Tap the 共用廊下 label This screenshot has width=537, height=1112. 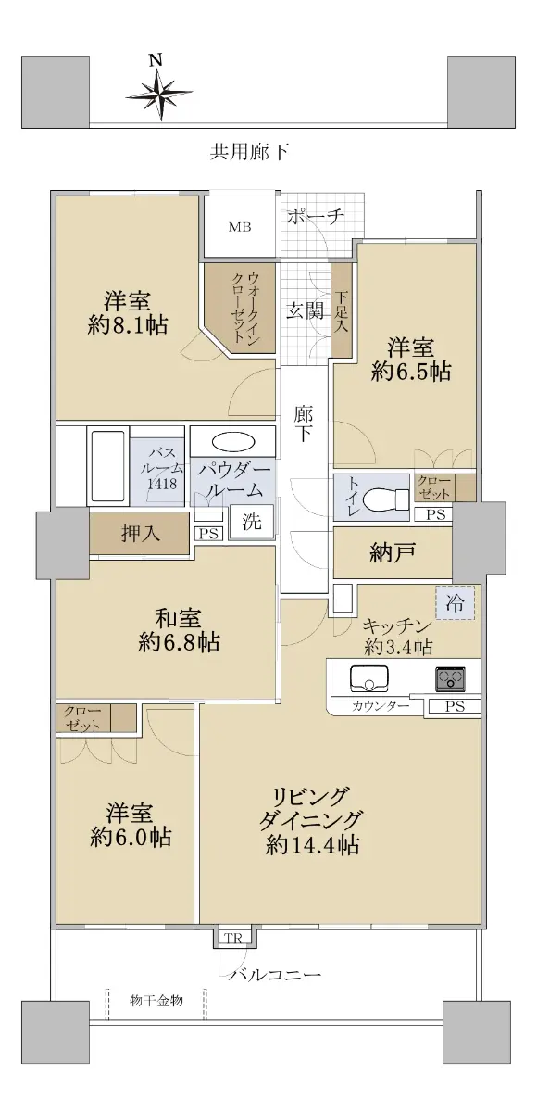(249, 151)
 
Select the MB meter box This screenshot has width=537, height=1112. (240, 227)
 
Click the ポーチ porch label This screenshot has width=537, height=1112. (315, 216)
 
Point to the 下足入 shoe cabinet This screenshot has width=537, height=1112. (341, 310)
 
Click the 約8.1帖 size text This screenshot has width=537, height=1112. (128, 325)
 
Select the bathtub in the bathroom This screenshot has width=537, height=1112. (108, 466)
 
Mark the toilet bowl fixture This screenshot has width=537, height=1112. (386, 499)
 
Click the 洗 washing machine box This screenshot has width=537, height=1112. (252, 522)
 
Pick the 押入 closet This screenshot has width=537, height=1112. (140, 533)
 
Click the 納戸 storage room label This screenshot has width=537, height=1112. (393, 552)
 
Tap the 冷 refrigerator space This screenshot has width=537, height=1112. (455, 602)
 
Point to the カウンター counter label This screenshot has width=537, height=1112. (381, 706)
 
